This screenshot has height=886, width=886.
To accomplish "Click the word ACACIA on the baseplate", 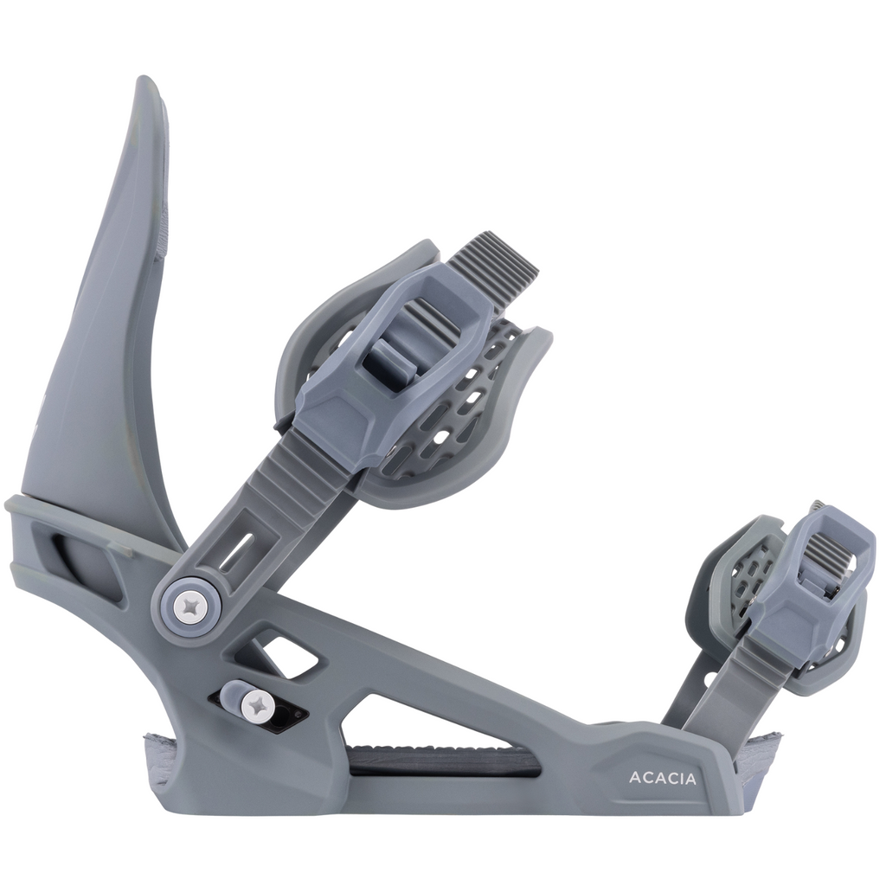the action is tap(662, 778).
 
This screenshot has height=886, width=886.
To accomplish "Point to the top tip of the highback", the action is tap(145, 79).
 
